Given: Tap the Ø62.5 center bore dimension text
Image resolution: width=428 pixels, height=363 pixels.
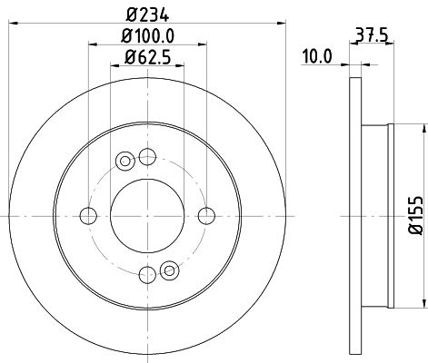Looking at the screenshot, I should (x=147, y=62).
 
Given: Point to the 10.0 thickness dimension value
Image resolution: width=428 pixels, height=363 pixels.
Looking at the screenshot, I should (x=315, y=56).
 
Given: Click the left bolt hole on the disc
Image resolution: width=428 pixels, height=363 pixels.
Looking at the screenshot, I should (x=88, y=215).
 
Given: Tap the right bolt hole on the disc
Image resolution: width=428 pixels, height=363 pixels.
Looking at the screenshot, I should (x=207, y=215).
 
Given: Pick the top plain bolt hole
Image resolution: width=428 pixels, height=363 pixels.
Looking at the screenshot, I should (x=147, y=156).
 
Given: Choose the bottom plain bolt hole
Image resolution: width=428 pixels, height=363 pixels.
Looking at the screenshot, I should (x=147, y=274).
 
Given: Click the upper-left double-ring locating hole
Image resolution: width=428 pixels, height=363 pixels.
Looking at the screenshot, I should (x=125, y=162).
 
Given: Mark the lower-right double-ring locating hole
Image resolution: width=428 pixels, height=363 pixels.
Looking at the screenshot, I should (x=168, y=269).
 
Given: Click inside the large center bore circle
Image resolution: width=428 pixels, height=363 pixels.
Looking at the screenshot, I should (x=147, y=215).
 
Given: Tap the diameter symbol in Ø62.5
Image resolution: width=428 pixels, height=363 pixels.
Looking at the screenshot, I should (x=128, y=62).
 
